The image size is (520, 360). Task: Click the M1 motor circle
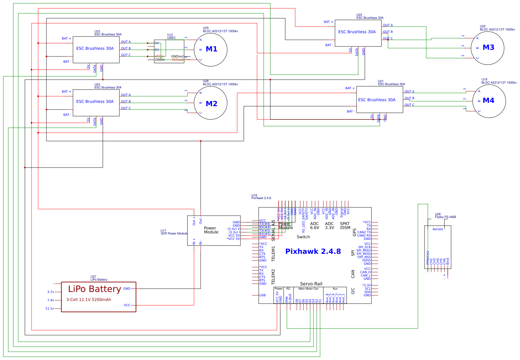tap(211, 49)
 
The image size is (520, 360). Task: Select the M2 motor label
tap(212, 104)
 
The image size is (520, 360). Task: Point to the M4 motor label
tap(488, 100)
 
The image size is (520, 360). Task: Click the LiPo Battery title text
tap(95, 289)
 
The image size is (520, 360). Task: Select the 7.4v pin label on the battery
tap(50, 300)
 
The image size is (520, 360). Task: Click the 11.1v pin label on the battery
tap(49, 309)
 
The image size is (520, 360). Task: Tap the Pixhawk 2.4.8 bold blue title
tap(313, 252)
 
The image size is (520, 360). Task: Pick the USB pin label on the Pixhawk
tap(262, 295)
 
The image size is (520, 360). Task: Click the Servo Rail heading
tap(311, 284)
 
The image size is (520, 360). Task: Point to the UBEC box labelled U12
tap(169, 51)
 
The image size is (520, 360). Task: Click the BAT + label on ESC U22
tap(328, 22)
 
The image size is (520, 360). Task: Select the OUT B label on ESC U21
tap(409, 98)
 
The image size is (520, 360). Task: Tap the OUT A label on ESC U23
tap(126, 42)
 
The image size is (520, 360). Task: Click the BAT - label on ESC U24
tap(67, 115)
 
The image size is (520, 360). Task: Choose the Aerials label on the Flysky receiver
tap(438, 229)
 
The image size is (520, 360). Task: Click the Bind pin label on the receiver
tap(448, 261)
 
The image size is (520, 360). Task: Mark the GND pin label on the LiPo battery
tap(127, 289)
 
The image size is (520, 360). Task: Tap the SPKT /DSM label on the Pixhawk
tap(345, 226)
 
